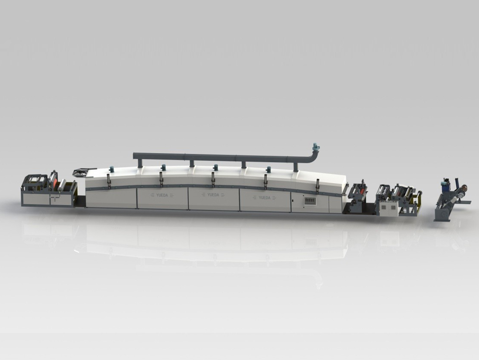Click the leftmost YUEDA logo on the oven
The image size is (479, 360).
(162, 195)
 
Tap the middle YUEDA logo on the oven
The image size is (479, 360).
(213, 195)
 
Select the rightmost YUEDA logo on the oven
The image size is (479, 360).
(264, 197)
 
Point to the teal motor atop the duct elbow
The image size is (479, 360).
(315, 147)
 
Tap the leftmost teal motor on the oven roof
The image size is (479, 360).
(112, 169)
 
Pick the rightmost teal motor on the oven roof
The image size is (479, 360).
(269, 169)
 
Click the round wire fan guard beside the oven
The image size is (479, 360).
(80, 172)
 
